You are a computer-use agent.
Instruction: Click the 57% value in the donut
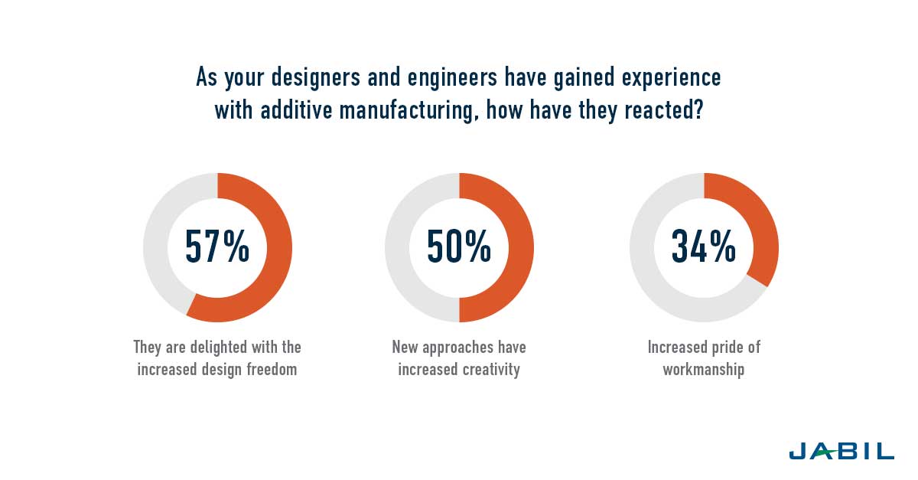click(217, 247)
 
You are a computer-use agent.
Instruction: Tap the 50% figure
click(459, 247)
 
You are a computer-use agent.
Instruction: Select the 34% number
click(703, 247)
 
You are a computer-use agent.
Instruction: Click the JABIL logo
click(841, 451)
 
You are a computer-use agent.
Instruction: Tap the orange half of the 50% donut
click(520, 247)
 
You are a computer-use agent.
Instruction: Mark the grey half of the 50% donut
click(397, 247)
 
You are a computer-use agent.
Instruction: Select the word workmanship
click(704, 369)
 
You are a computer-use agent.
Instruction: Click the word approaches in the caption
click(459, 347)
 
